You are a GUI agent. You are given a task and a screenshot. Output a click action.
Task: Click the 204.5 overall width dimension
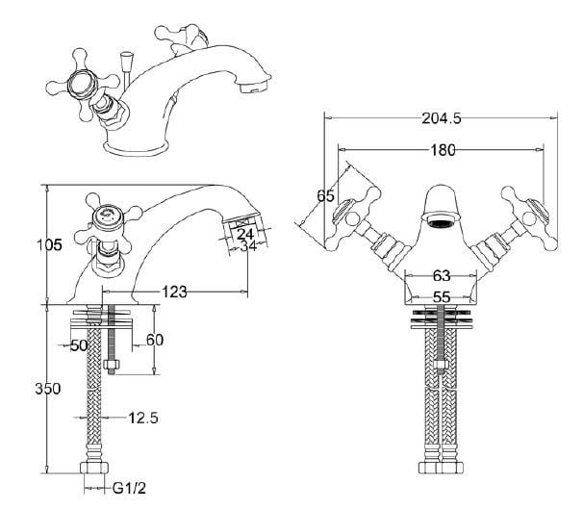442,118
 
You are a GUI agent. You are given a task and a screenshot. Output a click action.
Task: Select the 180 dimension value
442,150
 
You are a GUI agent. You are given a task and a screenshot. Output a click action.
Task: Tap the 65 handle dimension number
326,196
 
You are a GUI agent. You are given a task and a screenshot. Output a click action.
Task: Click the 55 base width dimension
442,298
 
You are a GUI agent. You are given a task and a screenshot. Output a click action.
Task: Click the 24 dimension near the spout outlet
245,233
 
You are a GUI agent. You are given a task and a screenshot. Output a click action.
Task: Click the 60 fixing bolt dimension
154,341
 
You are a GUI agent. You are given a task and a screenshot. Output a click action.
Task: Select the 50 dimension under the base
78,344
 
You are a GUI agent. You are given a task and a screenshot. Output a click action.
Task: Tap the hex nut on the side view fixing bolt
111,363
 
